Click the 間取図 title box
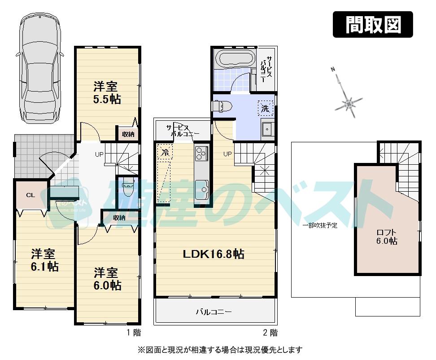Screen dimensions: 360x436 pyautogui.click(x=373, y=24)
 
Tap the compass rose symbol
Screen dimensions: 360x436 pyautogui.click(x=349, y=104)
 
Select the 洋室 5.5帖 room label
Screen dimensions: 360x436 pyautogui.click(x=107, y=92)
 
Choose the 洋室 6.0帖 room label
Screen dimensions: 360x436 pyautogui.click(x=107, y=279)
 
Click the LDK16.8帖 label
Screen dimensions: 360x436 pyautogui.click(x=213, y=254)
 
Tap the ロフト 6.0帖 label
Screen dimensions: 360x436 pyautogui.click(x=386, y=237)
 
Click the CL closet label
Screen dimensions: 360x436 pyautogui.click(x=31, y=195)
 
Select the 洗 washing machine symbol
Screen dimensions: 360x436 pyautogui.click(x=265, y=108)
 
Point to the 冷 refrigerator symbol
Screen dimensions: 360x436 pyautogui.click(x=165, y=151)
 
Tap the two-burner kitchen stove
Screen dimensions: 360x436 pyautogui.click(x=201, y=153)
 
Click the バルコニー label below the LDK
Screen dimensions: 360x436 pyautogui.click(x=214, y=312)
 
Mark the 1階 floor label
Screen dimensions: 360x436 pyautogui.click(x=133, y=333)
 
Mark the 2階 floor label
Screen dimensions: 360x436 pyautogui.click(x=270, y=333)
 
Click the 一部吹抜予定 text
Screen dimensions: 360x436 pyautogui.click(x=319, y=225)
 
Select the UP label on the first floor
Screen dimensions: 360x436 pyautogui.click(x=100, y=154)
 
